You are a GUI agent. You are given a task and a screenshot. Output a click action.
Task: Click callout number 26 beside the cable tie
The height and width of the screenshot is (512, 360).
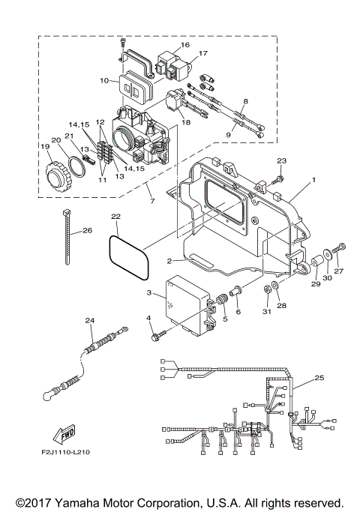(87, 230)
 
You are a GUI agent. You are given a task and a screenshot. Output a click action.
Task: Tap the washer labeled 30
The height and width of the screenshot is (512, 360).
(328, 255)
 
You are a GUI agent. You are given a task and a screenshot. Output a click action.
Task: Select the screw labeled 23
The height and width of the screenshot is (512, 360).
(278, 179)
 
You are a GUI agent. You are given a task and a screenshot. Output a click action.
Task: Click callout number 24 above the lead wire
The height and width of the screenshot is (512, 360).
(90, 321)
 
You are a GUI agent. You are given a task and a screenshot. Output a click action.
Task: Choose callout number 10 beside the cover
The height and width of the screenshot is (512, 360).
(104, 79)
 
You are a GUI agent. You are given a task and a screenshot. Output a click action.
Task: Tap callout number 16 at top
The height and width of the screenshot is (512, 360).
(184, 45)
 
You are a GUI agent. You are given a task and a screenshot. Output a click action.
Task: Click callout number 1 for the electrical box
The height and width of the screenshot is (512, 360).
(313, 180)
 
